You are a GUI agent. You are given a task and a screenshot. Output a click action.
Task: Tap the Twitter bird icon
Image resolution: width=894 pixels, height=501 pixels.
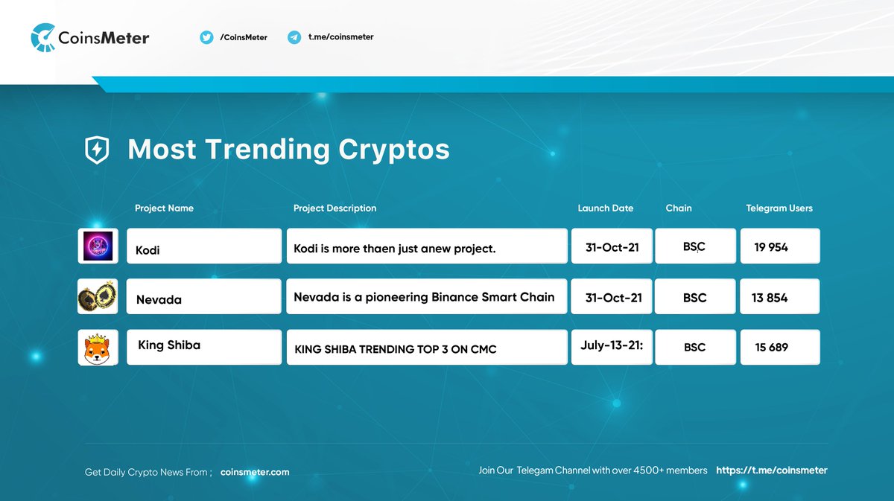pyautogui.click(x=206, y=37)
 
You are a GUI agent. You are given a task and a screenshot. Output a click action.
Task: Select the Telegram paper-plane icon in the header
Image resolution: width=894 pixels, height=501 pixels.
pyautogui.click(x=294, y=37)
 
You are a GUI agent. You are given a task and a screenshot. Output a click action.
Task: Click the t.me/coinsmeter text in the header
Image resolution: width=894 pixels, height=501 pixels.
pyautogui.click(x=340, y=37)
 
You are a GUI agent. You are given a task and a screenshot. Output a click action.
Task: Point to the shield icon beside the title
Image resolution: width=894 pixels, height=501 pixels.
pyautogui.click(x=97, y=150)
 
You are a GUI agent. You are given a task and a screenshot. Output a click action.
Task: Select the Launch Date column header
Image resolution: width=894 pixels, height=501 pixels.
pyautogui.click(x=605, y=208)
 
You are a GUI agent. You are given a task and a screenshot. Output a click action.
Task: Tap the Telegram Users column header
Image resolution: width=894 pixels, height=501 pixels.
pyautogui.click(x=779, y=208)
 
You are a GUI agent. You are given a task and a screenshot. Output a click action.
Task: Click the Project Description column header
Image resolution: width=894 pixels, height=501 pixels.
pyautogui.click(x=335, y=208)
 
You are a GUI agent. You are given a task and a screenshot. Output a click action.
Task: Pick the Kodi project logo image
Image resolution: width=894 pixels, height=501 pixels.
pyautogui.click(x=98, y=246)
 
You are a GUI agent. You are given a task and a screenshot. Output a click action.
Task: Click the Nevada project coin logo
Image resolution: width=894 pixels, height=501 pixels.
pyautogui.click(x=98, y=297)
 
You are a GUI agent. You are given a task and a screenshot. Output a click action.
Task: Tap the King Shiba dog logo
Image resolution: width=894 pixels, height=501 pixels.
pyautogui.click(x=98, y=348)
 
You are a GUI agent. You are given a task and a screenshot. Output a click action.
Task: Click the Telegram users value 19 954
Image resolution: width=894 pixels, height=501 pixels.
pyautogui.click(x=779, y=246)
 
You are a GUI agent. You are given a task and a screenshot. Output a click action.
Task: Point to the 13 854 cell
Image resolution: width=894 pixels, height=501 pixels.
pyautogui.click(x=779, y=297)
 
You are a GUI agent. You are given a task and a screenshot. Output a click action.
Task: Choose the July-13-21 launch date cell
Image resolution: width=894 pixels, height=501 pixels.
pyautogui.click(x=612, y=347)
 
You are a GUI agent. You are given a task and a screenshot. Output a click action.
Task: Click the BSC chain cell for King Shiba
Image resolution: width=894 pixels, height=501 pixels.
pyautogui.click(x=694, y=348)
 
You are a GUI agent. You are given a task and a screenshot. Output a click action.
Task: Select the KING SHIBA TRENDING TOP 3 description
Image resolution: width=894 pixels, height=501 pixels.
pyautogui.click(x=426, y=348)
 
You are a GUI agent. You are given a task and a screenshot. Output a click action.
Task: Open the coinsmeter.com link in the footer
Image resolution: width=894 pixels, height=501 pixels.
pyautogui.click(x=255, y=472)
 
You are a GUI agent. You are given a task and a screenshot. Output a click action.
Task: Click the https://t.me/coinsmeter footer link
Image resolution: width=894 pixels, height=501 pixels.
pyautogui.click(x=771, y=470)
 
